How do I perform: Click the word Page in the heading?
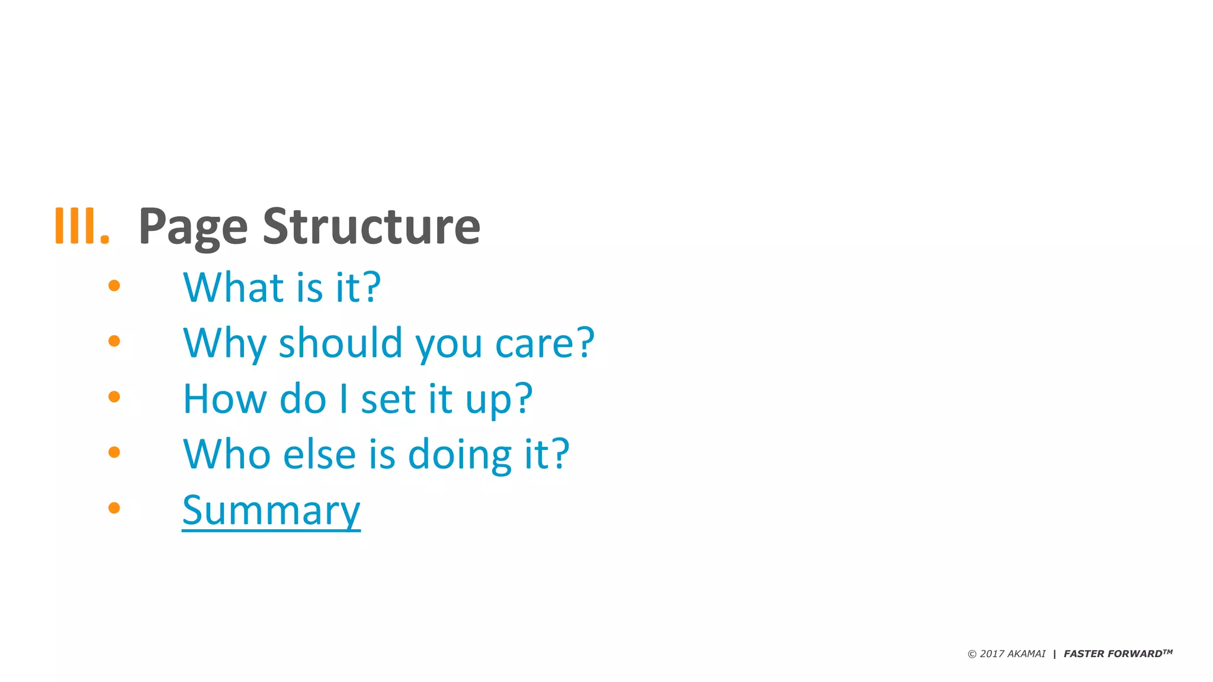[192, 227]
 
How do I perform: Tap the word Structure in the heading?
[371, 226]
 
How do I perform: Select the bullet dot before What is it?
[114, 286]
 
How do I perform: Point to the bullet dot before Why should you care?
[114, 341]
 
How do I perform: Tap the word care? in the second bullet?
[544, 343]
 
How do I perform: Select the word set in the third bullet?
[389, 399]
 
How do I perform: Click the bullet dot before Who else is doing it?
[114, 452]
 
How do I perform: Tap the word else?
[320, 455]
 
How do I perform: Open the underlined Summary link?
[271, 510]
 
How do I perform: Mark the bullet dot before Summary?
[114, 507]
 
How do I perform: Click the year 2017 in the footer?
[992, 654]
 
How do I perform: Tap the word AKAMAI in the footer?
[1026, 654]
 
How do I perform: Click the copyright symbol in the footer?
[972, 654]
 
